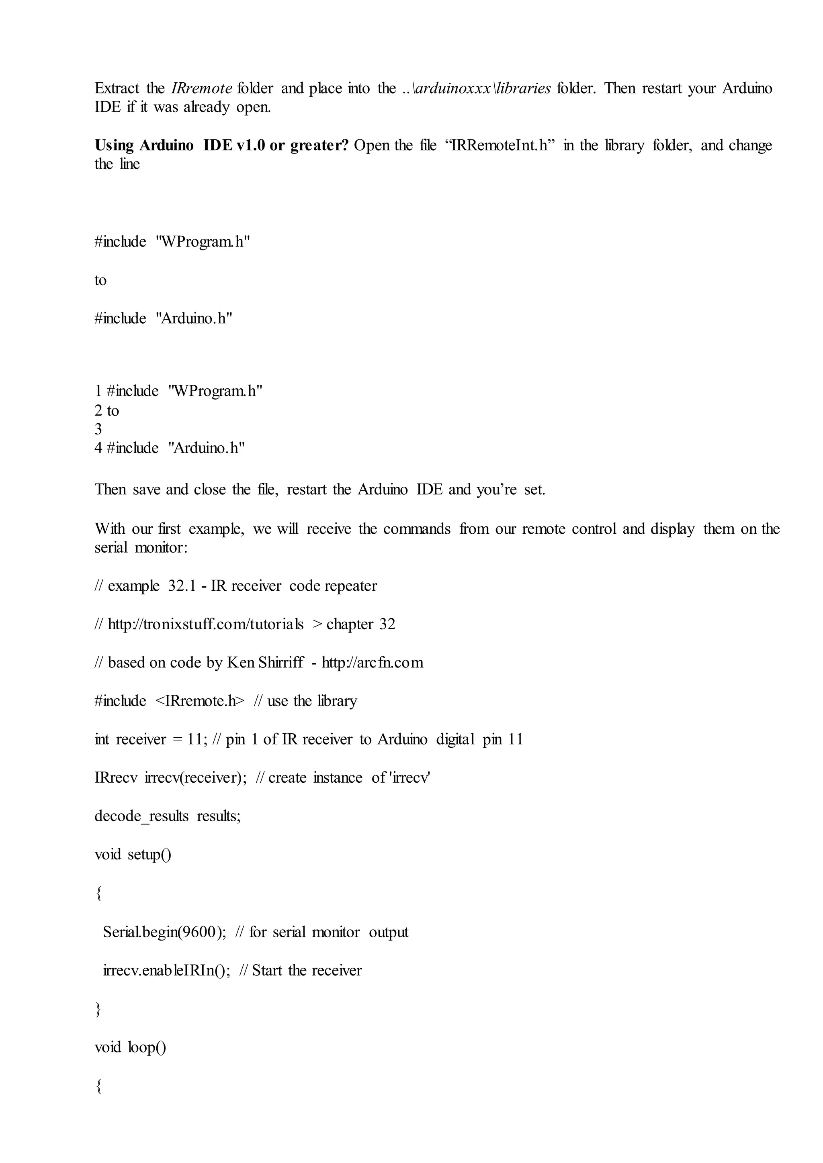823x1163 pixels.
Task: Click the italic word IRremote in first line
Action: pyautogui.click(x=202, y=89)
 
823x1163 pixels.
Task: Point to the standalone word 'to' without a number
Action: pyautogui.click(x=100, y=280)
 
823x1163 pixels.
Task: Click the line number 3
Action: pyautogui.click(x=98, y=429)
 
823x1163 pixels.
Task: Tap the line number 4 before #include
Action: pyautogui.click(x=98, y=448)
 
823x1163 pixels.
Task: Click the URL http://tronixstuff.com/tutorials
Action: pyautogui.click(x=206, y=624)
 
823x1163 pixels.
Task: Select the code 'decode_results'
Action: pyautogui.click(x=141, y=816)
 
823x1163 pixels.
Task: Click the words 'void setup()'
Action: pyautogui.click(x=133, y=855)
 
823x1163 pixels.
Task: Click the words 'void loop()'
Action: pyautogui.click(x=130, y=1047)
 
